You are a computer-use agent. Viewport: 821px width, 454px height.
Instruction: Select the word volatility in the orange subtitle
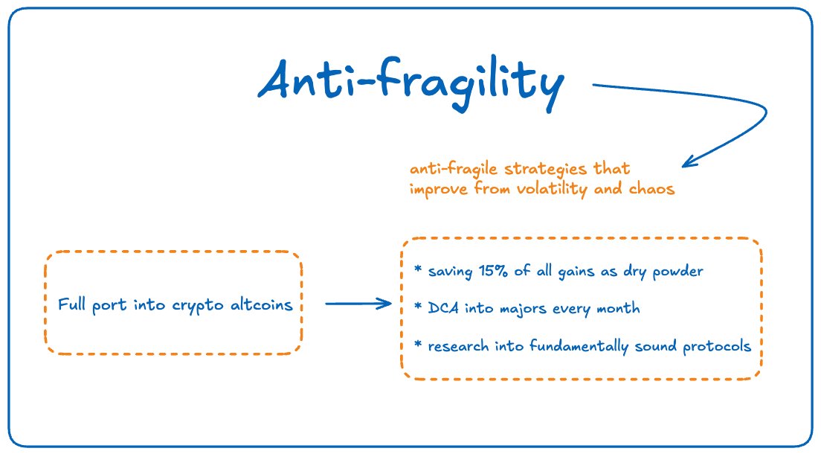549,188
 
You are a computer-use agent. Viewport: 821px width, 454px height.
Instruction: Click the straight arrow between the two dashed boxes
358,303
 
